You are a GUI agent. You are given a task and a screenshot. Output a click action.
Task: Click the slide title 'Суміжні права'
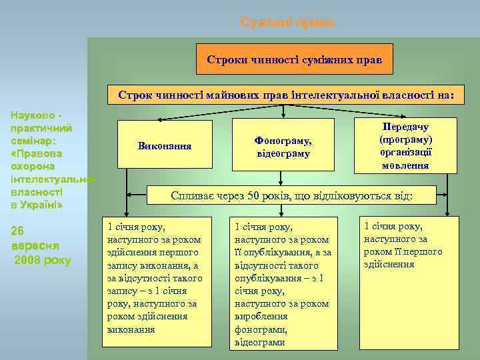(x=287, y=23)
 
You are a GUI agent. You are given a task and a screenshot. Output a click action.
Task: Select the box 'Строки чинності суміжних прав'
(x=294, y=59)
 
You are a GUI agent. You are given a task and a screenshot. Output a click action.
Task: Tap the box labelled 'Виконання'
(x=164, y=145)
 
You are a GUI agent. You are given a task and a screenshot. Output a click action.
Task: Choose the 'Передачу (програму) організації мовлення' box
(x=405, y=145)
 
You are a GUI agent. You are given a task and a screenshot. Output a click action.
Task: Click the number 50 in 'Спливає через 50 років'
(x=253, y=197)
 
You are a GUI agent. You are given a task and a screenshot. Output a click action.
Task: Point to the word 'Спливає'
(x=192, y=197)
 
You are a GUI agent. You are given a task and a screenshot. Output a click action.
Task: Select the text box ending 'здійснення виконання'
(x=157, y=281)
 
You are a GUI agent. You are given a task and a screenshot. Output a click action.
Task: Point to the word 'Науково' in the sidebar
(x=29, y=115)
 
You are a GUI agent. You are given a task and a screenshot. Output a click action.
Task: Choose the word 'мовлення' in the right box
(x=405, y=165)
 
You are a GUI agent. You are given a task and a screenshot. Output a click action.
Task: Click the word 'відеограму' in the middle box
(x=283, y=154)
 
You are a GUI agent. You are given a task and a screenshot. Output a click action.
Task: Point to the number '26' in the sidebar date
(x=19, y=231)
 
